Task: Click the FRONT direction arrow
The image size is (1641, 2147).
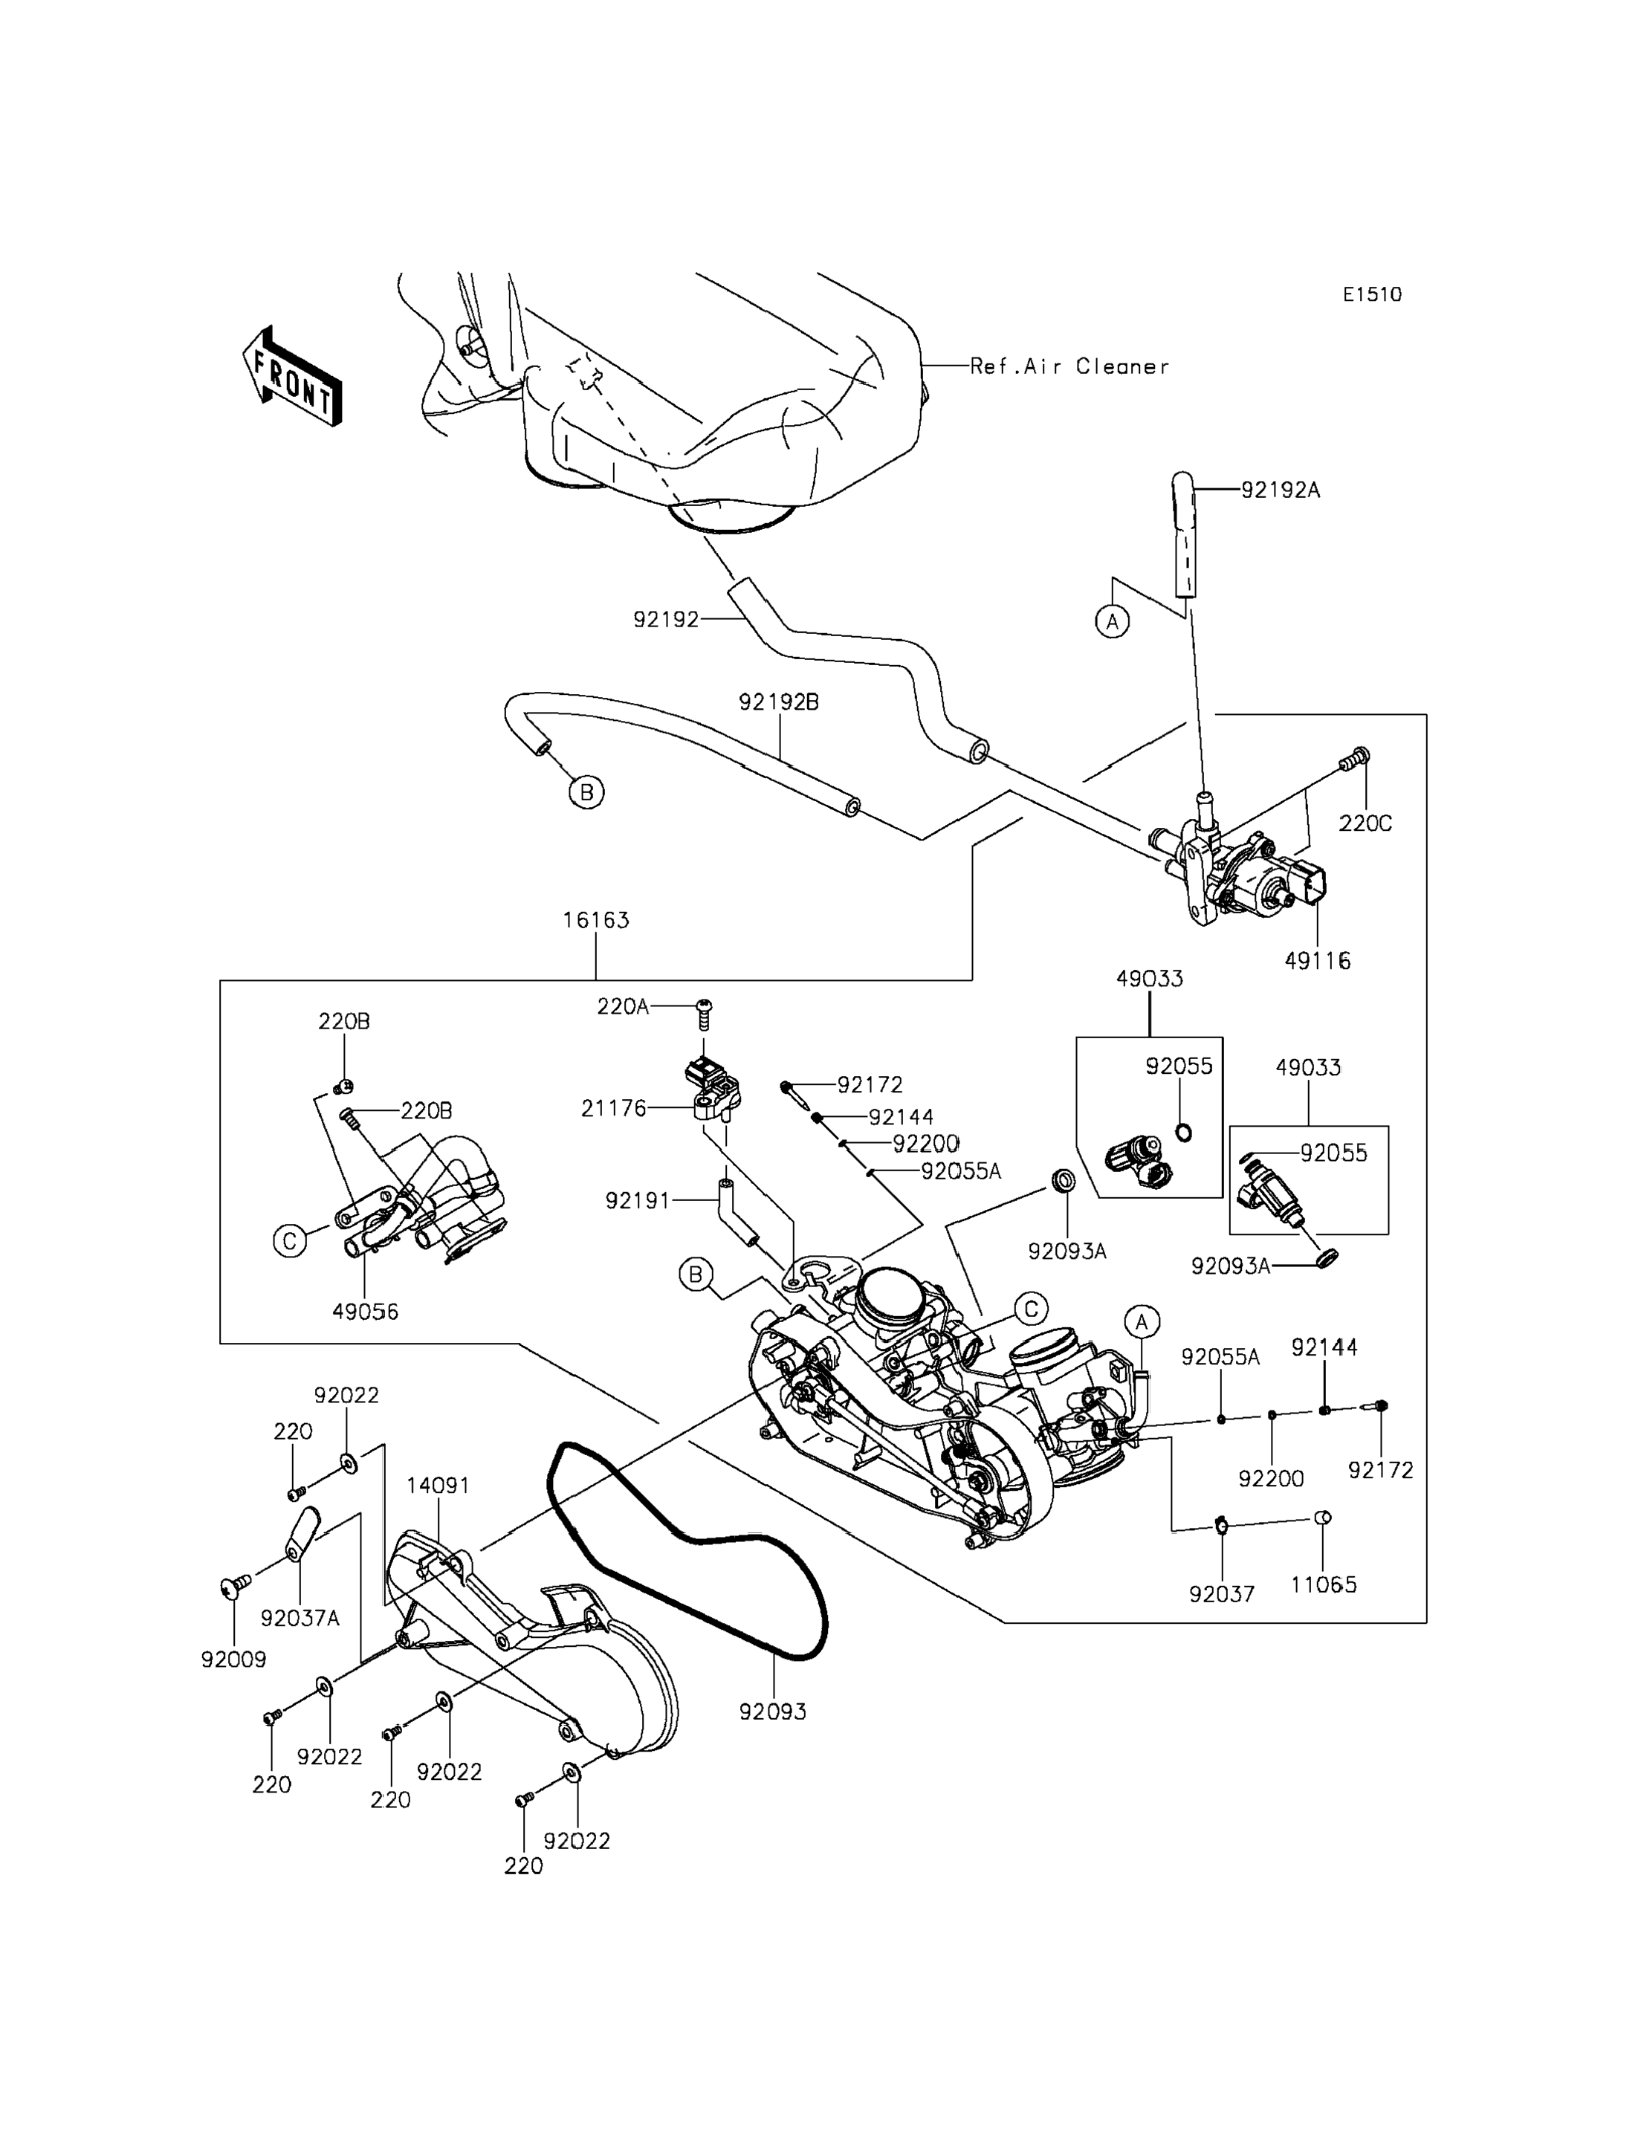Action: coord(292,377)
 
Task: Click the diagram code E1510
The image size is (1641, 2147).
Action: coord(1371,295)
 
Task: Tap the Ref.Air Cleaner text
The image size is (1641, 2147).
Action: coord(1069,367)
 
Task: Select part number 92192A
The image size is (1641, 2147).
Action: coord(1281,490)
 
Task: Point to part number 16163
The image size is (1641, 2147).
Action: coord(596,920)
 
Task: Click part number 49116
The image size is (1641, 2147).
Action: coord(1318,961)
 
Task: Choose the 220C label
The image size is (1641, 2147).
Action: coord(1365,823)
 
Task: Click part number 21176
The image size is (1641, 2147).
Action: coord(613,1109)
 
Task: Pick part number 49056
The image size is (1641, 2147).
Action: coord(366,1312)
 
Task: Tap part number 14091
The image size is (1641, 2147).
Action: coord(438,1486)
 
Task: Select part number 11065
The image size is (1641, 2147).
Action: coord(1324,1584)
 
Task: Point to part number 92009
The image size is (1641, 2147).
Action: coord(233,1659)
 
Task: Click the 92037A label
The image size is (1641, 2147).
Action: coord(300,1619)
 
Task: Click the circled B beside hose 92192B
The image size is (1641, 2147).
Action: coord(586,792)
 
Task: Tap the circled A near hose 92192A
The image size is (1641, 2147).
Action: coord(1113,621)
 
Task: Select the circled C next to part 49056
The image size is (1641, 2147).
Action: coord(290,1242)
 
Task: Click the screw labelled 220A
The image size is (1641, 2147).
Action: coord(703,1014)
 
